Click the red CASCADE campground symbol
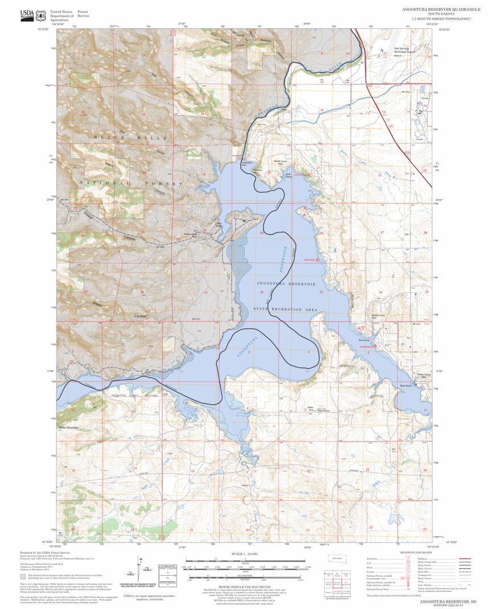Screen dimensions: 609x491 click(317, 260)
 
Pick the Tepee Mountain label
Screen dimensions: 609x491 click(68, 427)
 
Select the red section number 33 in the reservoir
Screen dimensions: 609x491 click(321, 292)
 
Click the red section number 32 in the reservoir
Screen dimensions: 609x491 click(261, 292)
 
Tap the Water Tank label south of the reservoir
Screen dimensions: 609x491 click(311, 408)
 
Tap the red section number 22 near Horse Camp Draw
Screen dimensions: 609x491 click(380, 175)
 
